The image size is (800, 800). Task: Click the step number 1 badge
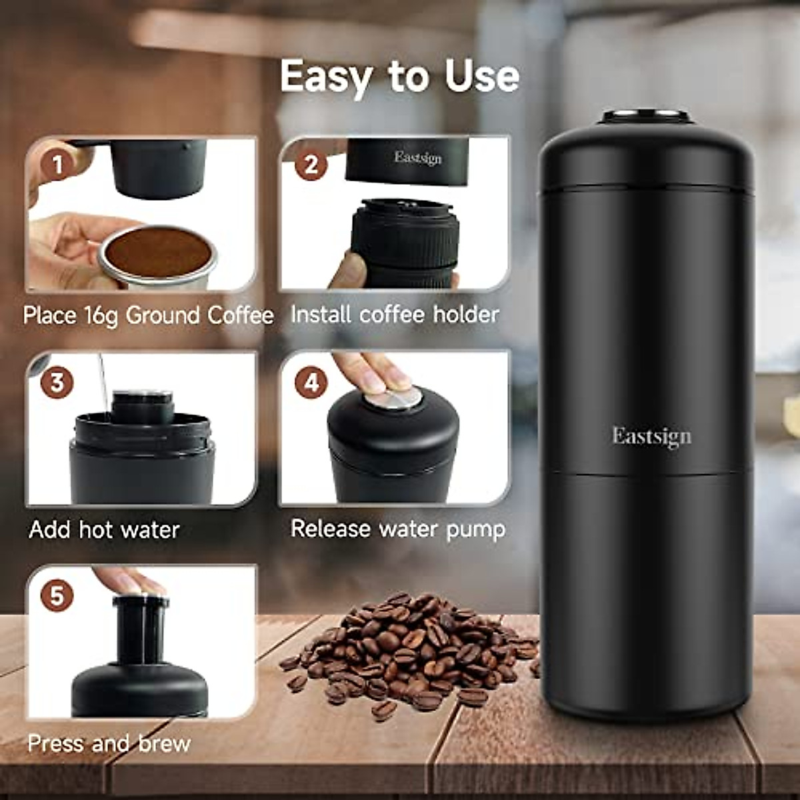pos(58,165)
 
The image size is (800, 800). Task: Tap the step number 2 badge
pos(311,165)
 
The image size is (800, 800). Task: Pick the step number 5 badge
pos(57,595)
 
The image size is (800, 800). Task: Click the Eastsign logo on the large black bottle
pos(652,437)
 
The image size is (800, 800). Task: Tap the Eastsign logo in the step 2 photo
pos(418,157)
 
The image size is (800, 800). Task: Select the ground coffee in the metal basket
pos(159,252)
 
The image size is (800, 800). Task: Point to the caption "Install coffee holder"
pos(395,314)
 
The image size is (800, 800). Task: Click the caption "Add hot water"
pos(105,530)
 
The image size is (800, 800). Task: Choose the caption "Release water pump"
pos(398,529)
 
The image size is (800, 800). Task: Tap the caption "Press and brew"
pos(109,743)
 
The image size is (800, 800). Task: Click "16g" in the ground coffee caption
pos(102,315)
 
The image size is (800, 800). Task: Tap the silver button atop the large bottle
pos(645,115)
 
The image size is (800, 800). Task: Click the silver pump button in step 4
pos(393,399)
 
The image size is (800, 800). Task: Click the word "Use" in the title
pos(482,77)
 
